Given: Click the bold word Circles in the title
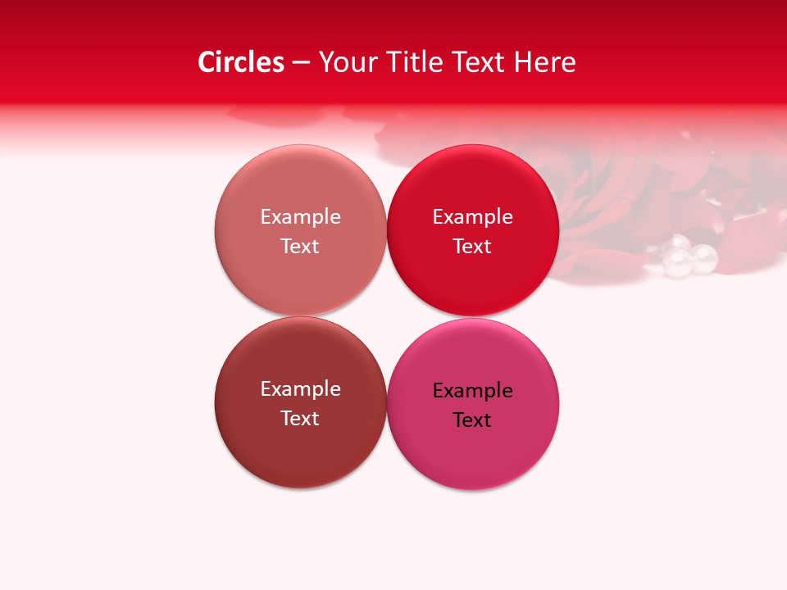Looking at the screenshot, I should click(241, 62).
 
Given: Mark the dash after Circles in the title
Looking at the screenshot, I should click(301, 63).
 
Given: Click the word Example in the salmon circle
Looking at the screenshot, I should click(300, 217).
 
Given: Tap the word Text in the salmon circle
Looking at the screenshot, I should click(300, 247).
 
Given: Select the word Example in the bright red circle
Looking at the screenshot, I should click(472, 217).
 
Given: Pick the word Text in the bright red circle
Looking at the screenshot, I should click(472, 247).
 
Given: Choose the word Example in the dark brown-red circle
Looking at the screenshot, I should click(300, 389).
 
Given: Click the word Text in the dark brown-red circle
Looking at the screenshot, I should click(300, 419).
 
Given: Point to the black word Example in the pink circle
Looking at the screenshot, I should click(472, 391).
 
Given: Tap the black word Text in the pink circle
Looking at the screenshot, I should click(472, 420).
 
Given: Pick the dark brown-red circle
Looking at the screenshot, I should click(300, 451).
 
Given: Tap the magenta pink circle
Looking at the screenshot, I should click(473, 455).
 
